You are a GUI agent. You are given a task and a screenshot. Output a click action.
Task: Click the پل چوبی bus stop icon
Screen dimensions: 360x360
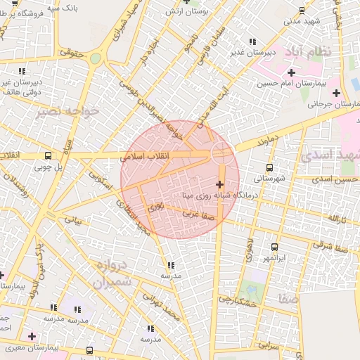(x=48, y=156)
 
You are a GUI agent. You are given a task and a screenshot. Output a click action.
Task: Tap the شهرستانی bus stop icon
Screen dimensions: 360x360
(x=269, y=167)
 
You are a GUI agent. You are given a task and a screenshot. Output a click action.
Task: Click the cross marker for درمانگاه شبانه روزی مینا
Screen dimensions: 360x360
(x=219, y=184)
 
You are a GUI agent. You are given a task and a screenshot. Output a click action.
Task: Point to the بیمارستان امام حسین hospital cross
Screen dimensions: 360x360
(x=291, y=72)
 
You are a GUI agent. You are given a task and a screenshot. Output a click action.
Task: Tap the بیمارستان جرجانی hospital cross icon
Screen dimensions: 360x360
(x=337, y=93)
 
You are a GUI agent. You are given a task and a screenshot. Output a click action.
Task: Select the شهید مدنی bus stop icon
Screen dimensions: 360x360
(x=302, y=11)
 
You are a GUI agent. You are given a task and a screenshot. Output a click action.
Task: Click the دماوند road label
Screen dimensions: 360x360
(x=268, y=139)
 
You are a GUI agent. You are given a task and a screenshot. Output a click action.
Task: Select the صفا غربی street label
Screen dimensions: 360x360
(x=199, y=212)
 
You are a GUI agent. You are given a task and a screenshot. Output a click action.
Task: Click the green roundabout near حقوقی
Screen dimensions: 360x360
(x=95, y=58)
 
